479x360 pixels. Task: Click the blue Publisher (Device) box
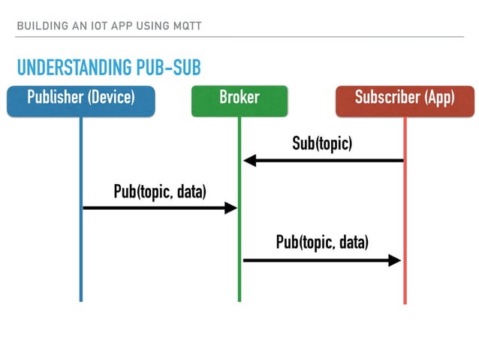(x=81, y=101)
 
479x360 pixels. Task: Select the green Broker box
(x=239, y=101)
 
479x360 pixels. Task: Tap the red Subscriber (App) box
(x=404, y=101)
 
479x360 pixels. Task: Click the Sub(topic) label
(x=322, y=144)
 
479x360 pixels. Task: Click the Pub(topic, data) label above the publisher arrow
(x=159, y=192)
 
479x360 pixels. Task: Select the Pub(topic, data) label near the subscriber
(x=322, y=242)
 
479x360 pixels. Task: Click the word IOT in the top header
(x=95, y=27)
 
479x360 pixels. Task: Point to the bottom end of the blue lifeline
(x=80, y=299)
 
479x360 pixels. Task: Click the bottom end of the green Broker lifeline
(x=239, y=299)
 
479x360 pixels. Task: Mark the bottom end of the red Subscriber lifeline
(x=405, y=302)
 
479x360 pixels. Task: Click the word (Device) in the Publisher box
(x=112, y=98)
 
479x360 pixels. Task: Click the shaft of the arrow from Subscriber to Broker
(x=330, y=160)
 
